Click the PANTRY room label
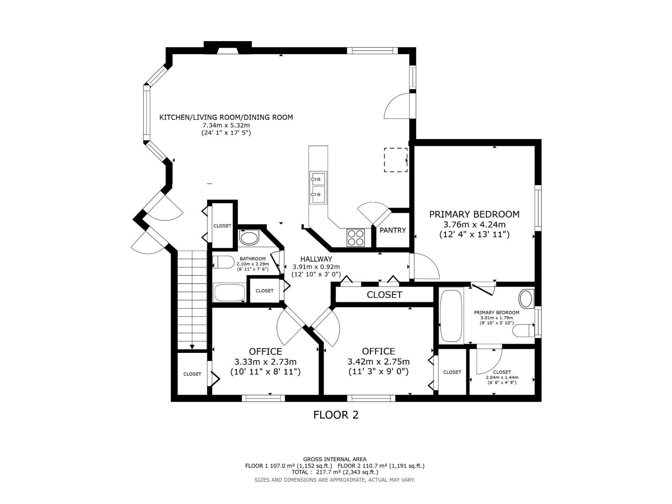392,230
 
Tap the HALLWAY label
316,259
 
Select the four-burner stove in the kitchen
356,238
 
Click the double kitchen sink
318,187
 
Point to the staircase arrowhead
192,347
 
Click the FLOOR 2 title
336,415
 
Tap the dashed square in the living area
396,160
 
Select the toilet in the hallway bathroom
223,262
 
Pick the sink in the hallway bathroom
249,237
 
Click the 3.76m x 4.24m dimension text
474,225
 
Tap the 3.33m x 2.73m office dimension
265,362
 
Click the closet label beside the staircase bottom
192,374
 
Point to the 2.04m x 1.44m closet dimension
502,377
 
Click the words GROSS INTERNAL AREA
335,459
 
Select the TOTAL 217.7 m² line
335,472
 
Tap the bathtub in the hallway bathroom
230,293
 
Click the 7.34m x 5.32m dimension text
226,125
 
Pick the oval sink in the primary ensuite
526,298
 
